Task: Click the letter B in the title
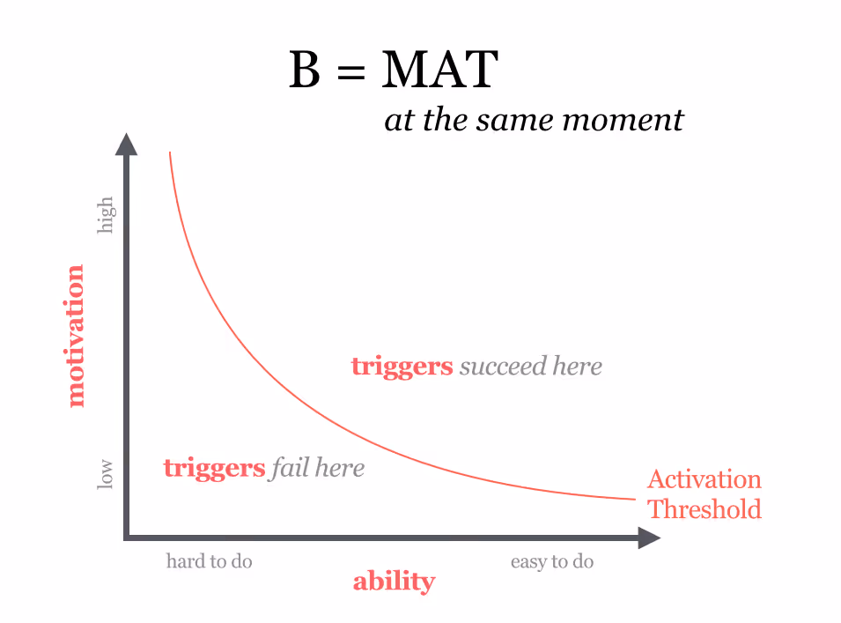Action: point(305,70)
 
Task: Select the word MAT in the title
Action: point(439,70)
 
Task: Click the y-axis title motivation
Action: point(76,336)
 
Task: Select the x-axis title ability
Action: point(394,582)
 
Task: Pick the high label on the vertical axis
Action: point(106,215)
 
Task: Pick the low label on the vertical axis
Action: point(106,473)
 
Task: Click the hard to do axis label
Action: point(210,561)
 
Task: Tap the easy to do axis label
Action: point(552,561)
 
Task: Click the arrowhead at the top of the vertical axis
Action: point(127,145)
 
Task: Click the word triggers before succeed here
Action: point(402,367)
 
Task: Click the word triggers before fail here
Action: point(214,468)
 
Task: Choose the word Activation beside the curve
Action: point(704,479)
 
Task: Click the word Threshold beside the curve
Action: point(704,509)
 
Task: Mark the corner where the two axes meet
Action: point(128,537)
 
